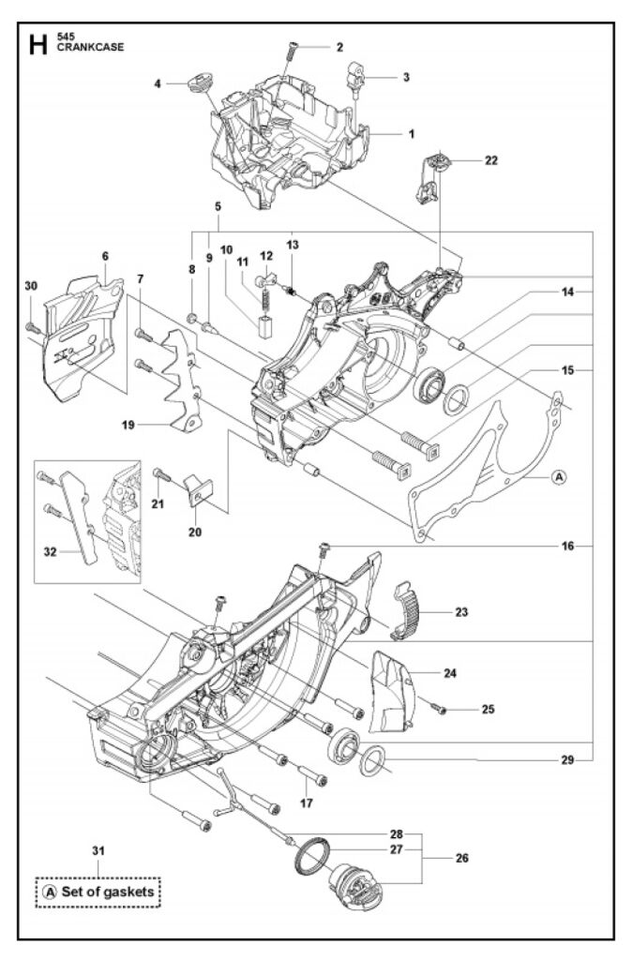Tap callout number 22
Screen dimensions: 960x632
491,160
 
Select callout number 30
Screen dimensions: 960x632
31,286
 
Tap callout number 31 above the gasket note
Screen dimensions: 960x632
97,850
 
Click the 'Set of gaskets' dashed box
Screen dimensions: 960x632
98,892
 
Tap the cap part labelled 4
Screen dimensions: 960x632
199,82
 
